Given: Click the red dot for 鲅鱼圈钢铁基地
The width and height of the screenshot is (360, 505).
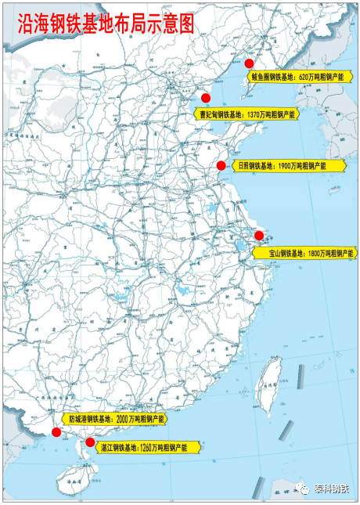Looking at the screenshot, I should click(x=249, y=63).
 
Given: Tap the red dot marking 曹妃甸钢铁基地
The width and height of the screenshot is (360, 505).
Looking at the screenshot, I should click(x=206, y=98).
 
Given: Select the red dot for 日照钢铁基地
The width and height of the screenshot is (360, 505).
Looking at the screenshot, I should click(x=221, y=165).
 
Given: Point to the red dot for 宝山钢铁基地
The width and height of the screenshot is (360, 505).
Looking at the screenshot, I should click(x=259, y=235).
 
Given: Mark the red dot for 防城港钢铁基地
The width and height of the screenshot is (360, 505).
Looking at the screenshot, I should click(x=56, y=432).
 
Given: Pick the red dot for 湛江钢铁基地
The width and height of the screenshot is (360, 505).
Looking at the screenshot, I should click(x=90, y=442).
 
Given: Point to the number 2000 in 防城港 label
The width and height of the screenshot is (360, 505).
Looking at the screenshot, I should click(x=125, y=420).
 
